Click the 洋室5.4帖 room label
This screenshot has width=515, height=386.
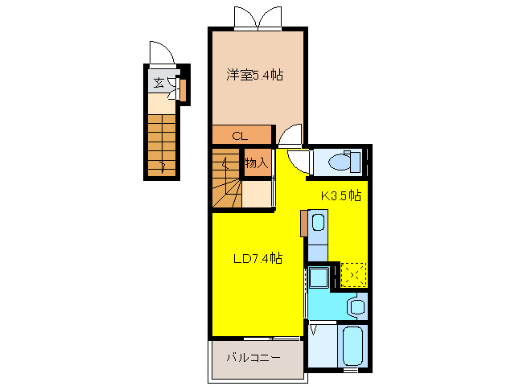[x=254, y=75]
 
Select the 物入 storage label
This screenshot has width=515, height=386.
[x=256, y=163]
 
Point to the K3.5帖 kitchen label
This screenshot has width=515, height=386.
[x=341, y=195]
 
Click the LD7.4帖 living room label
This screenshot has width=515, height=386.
[x=257, y=258]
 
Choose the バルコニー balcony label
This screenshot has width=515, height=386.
[x=252, y=356]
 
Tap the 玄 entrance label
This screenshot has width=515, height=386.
[x=159, y=82]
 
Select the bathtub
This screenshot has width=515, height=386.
[x=352, y=346]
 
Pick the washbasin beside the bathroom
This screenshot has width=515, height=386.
[x=355, y=306]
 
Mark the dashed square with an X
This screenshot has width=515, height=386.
[x=352, y=274]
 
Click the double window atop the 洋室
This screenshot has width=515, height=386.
[x=257, y=18]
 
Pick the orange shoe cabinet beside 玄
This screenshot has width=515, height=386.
[x=183, y=90]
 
